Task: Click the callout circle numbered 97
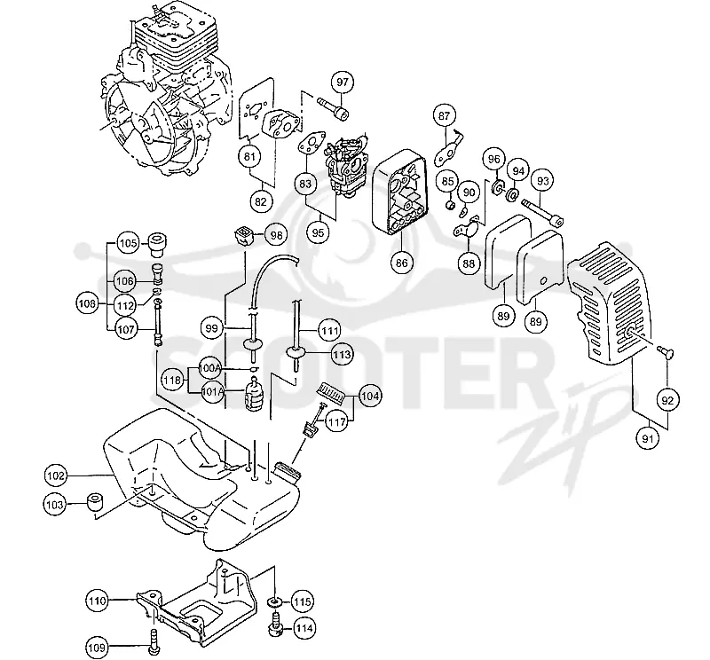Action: point(343,82)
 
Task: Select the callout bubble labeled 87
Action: point(445,116)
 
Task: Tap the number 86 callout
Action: point(402,263)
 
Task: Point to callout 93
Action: point(543,181)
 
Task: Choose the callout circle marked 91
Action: point(648,438)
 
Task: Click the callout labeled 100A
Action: point(209,369)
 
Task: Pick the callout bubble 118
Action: point(172,381)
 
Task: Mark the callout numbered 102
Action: point(56,475)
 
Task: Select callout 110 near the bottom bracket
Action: point(98,601)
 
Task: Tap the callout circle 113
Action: point(342,354)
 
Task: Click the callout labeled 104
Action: point(370,397)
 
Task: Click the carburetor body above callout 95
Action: point(346,165)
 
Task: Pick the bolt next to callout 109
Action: point(154,641)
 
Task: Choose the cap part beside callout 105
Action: point(157,243)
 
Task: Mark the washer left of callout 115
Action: point(275,602)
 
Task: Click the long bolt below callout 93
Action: point(542,212)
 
